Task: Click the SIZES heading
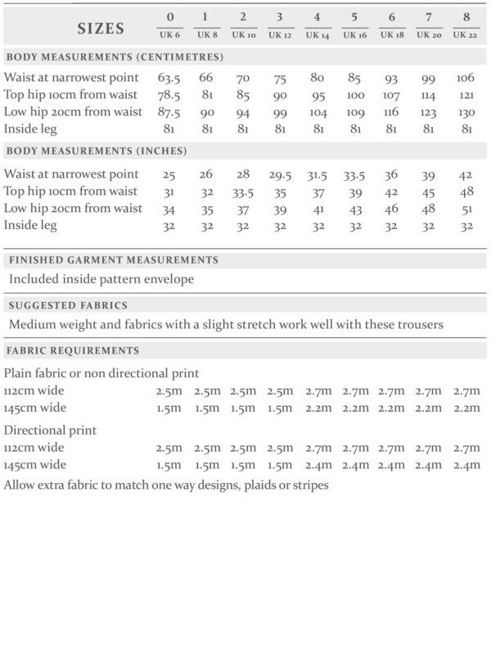point(101,29)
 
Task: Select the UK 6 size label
point(169,34)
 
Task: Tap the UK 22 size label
point(465,34)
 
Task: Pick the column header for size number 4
point(317,17)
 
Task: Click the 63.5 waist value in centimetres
point(169,78)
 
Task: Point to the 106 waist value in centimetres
point(465,78)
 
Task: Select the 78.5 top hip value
point(169,95)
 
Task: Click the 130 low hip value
point(465,112)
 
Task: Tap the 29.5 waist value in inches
point(280,174)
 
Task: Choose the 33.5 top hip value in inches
point(243,192)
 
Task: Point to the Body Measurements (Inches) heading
point(97,151)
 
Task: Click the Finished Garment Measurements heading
point(114,260)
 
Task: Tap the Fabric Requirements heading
point(73,351)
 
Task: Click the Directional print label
point(51,430)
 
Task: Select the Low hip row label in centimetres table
point(74,112)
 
